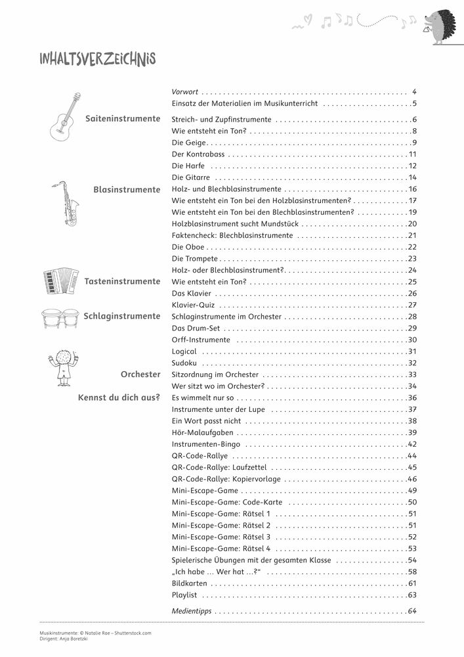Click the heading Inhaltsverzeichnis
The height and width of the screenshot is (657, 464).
pos(97,60)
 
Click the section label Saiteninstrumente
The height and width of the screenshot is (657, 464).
pos(123,119)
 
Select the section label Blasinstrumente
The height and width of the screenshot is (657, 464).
pos(127,189)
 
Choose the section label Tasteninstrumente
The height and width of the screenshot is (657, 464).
pos(123,281)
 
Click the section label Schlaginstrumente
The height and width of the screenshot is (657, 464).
pos(122,316)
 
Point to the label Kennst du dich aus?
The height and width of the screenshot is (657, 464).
pos(119,397)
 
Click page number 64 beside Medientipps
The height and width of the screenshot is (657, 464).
pos(412,611)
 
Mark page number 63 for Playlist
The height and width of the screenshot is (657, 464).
pos(412,595)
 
